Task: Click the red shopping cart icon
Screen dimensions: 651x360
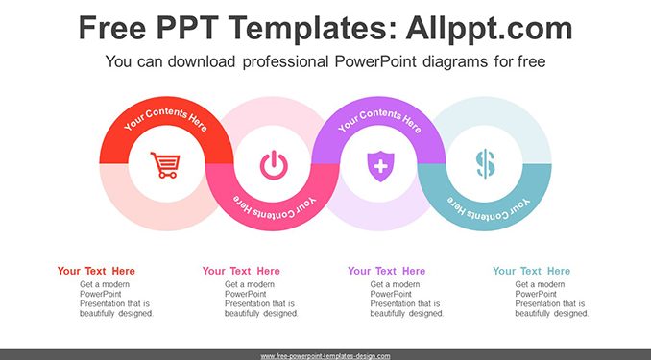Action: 165,165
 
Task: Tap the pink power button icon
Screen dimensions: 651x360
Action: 274,165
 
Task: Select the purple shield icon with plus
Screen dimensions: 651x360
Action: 380,166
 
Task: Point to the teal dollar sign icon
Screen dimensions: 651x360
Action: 485,164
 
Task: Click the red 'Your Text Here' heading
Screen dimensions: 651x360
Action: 96,271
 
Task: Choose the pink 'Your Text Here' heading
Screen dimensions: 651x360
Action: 241,271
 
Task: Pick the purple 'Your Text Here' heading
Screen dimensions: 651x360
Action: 387,271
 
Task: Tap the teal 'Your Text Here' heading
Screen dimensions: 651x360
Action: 531,271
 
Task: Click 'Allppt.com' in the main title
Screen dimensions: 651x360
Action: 489,28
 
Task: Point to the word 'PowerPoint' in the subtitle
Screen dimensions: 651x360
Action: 375,61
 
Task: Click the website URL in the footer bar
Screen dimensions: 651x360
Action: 325,356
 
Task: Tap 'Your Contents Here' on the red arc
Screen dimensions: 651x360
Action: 166,117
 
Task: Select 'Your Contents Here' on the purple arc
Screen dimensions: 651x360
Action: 380,119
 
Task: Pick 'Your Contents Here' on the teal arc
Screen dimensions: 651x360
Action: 488,209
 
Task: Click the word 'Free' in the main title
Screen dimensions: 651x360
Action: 112,28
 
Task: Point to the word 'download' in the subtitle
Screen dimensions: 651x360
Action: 202,61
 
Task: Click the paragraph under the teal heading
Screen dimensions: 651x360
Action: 552,299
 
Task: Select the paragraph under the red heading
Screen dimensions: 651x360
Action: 117,299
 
